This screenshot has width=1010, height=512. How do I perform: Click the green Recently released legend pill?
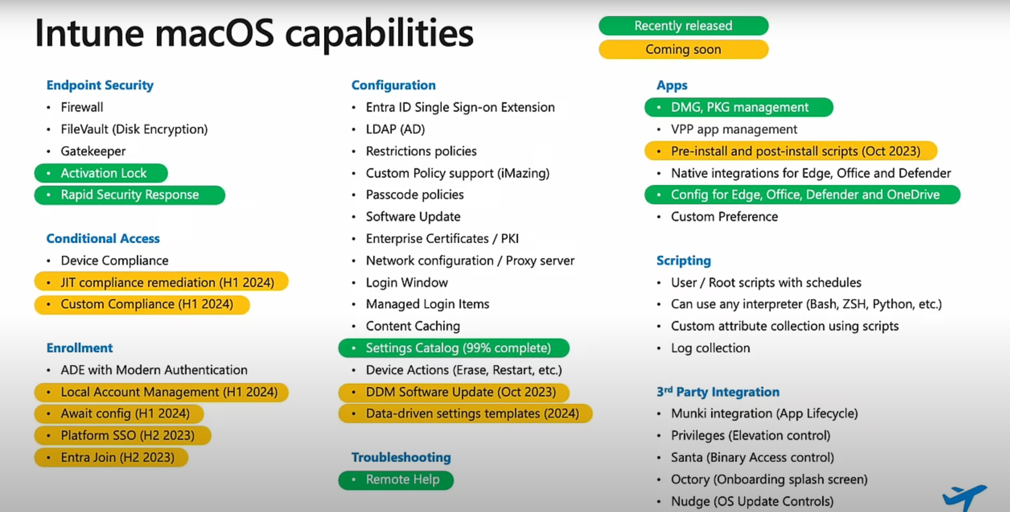[683, 26]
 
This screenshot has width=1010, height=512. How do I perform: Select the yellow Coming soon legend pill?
[683, 49]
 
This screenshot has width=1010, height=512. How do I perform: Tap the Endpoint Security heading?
[100, 85]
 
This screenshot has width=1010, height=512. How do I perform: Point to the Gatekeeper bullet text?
[93, 151]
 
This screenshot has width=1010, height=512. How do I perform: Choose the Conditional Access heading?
[103, 239]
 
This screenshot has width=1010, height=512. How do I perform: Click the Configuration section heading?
[393, 85]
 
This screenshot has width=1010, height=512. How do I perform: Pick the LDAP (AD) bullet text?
[395, 129]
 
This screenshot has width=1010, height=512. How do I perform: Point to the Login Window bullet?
[407, 282]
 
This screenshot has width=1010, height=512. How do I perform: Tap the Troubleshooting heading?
[401, 457]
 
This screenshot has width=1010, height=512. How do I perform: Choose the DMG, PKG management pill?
[739, 107]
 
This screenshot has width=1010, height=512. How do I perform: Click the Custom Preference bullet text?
[724, 217]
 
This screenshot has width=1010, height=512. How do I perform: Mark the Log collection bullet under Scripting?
[710, 348]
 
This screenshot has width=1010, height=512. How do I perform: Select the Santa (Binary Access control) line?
[752, 458]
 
